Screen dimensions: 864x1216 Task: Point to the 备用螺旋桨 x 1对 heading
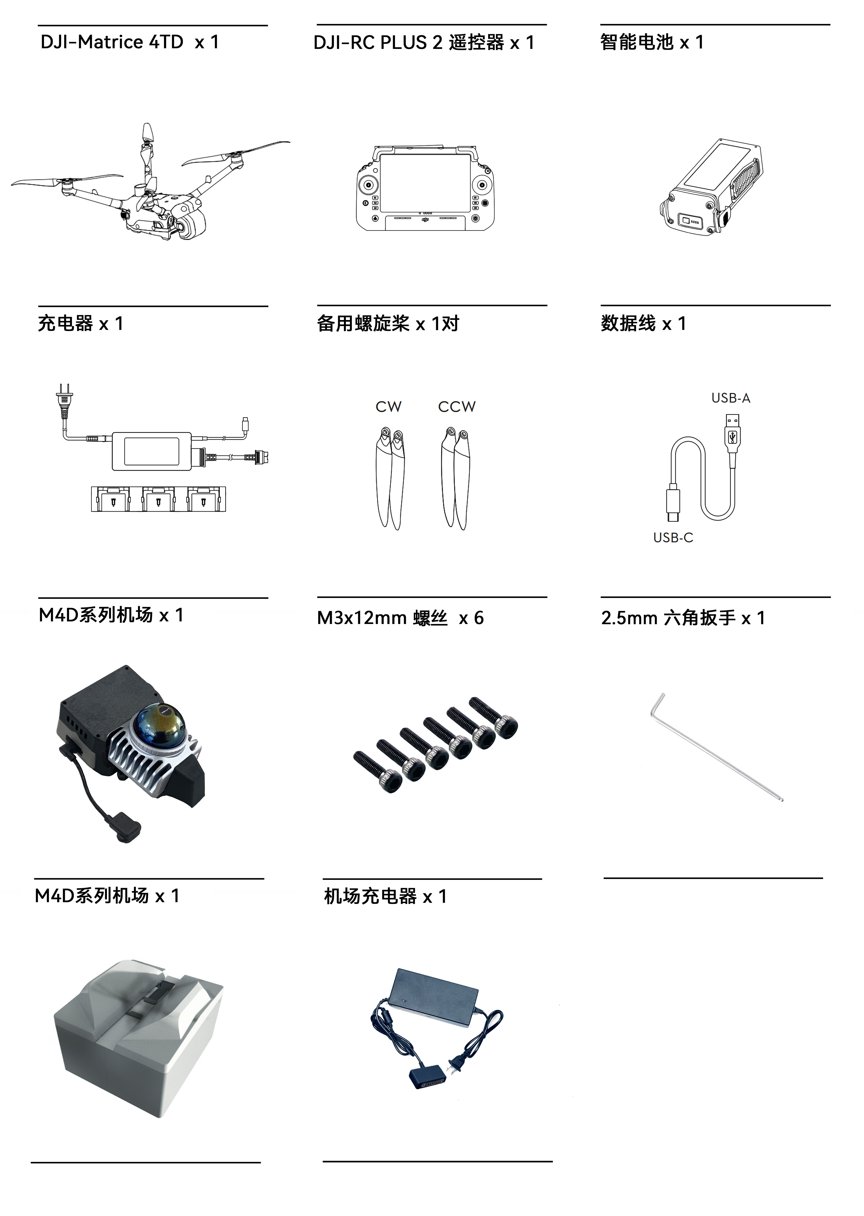(388, 323)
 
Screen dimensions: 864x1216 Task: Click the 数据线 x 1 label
(643, 323)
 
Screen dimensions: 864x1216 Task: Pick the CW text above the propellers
(388, 407)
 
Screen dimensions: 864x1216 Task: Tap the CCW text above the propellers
(456, 407)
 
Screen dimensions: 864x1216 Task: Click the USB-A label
(730, 398)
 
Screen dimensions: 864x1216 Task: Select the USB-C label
(673, 538)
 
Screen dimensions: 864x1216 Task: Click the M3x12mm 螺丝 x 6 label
(400, 618)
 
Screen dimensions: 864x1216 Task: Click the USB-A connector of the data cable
(733, 434)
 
